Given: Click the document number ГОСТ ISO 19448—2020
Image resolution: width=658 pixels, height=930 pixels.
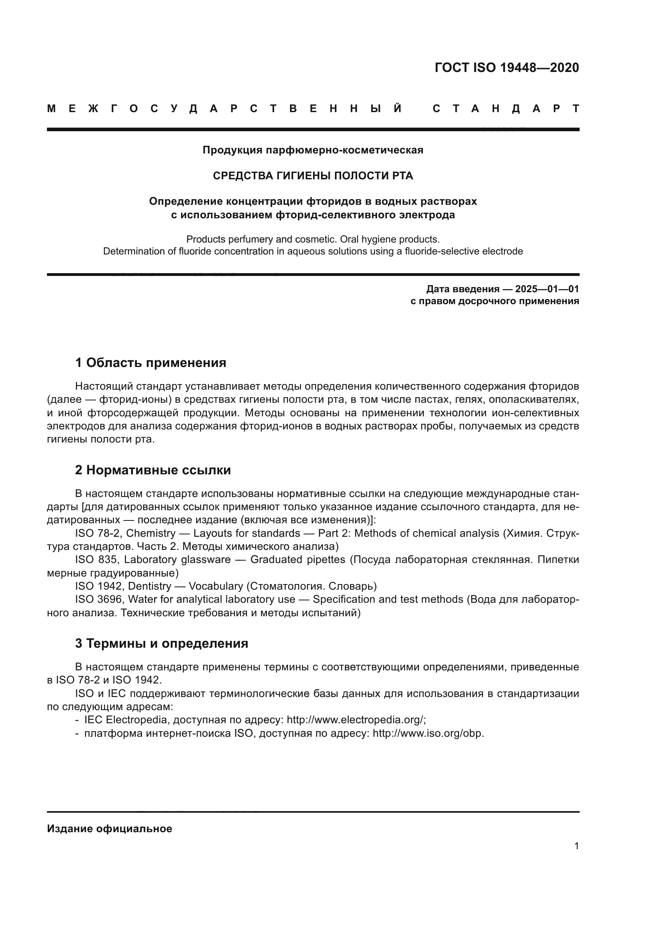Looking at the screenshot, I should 506,68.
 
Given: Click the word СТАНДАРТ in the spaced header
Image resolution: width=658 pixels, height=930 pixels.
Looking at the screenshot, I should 506,109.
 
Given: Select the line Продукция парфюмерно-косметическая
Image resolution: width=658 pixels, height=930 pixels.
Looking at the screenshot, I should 313,150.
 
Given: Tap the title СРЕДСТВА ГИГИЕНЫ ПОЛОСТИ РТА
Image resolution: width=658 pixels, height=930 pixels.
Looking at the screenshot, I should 313,176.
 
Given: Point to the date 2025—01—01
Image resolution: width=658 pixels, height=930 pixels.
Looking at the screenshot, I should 547,289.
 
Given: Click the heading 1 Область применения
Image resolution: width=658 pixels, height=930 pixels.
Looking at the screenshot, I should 151,363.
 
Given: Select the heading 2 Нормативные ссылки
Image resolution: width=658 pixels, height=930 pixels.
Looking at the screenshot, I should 153,470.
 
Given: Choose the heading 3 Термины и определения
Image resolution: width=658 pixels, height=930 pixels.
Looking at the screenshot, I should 162,643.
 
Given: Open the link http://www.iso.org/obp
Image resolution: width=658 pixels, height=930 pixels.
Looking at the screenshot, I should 428,733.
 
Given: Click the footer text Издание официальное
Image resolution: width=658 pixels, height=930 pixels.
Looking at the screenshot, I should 109,829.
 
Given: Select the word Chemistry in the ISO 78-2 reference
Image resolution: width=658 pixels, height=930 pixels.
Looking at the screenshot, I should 151,534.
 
